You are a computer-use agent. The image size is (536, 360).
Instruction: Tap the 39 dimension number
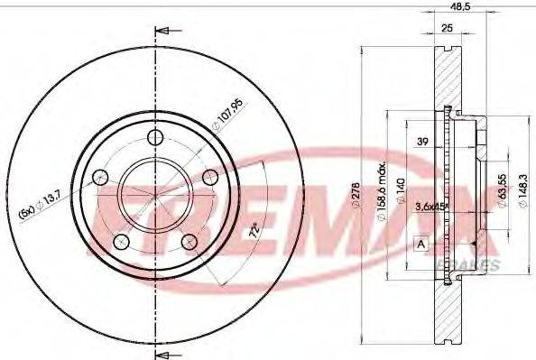click(x=422, y=143)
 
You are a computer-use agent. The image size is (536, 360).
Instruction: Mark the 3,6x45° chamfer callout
click(x=432, y=208)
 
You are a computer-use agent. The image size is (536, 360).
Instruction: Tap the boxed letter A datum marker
click(x=420, y=244)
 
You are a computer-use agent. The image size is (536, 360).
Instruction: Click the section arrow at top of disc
click(x=163, y=32)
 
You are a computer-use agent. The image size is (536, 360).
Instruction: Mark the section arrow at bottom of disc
click(x=163, y=348)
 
